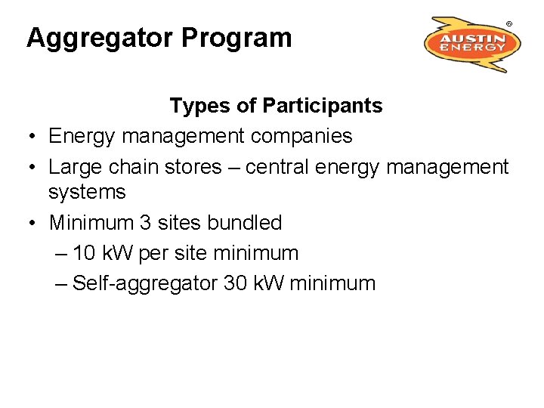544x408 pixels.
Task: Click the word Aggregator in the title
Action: coord(110,38)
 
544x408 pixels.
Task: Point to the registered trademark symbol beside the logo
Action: coord(509,24)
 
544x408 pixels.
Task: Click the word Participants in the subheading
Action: coord(323,106)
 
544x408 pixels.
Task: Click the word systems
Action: coord(87,192)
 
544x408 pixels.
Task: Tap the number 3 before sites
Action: coord(146,223)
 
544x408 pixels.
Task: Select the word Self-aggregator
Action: coord(146,283)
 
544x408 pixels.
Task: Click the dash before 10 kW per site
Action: coord(61,253)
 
